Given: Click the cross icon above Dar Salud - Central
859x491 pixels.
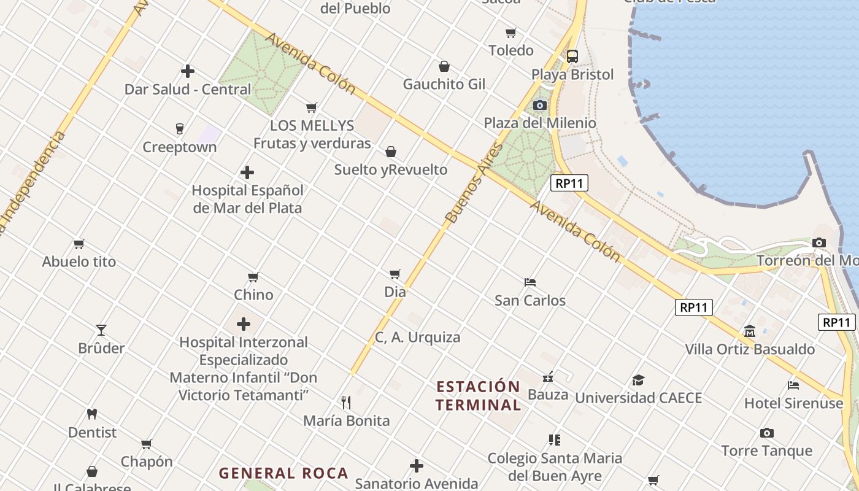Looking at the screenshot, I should tap(188, 71).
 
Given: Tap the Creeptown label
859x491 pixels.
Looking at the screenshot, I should tap(180, 147).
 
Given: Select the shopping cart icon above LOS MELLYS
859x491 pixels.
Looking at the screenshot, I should tap(312, 108).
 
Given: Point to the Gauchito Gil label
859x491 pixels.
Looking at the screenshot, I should tap(444, 84).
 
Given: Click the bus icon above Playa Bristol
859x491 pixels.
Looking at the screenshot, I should tap(572, 56).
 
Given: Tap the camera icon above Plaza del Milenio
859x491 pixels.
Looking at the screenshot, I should tap(540, 105).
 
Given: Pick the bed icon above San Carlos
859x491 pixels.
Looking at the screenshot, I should tap(530, 282).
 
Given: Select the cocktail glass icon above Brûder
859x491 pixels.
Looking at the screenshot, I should tap(101, 330).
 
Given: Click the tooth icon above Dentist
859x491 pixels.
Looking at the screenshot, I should tap(92, 414).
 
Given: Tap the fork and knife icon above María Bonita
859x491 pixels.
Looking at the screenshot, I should tap(346, 403).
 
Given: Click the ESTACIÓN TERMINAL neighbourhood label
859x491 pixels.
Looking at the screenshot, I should tap(479, 396).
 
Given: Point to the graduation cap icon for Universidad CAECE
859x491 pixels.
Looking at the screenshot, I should tap(638, 380).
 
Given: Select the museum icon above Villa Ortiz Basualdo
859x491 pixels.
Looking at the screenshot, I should tap(750, 331).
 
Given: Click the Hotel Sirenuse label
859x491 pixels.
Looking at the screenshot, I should tap(793, 403).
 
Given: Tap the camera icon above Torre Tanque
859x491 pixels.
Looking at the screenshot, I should tap(766, 433).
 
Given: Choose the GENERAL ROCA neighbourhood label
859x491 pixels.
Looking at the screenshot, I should tap(283, 473).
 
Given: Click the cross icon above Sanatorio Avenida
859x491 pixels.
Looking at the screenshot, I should tap(417, 466).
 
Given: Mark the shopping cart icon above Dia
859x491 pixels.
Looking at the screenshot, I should tap(395, 274).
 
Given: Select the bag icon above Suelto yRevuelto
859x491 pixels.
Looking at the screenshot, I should tap(391, 152).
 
